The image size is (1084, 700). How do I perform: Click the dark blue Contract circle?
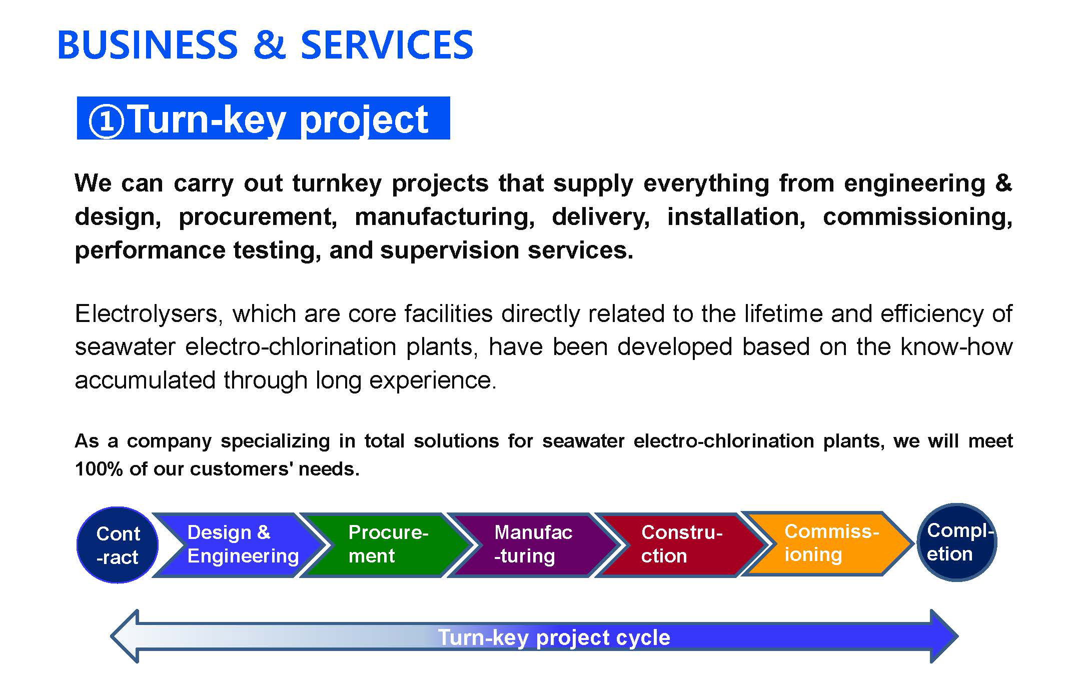pyautogui.click(x=117, y=545)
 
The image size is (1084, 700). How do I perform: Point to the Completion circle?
pyautogui.click(x=956, y=542)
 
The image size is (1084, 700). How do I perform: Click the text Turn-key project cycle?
pyautogui.click(x=554, y=637)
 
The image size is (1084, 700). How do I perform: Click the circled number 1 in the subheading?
pyautogui.click(x=106, y=120)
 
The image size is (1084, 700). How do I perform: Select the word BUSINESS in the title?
pyautogui.click(x=148, y=45)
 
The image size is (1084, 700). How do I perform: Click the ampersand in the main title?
pyautogui.click(x=269, y=45)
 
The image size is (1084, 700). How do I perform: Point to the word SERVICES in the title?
pyautogui.click(x=387, y=45)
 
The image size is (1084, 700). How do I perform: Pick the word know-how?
pyautogui.click(x=956, y=346)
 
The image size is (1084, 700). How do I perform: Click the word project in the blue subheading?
pyautogui.click(x=364, y=120)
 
